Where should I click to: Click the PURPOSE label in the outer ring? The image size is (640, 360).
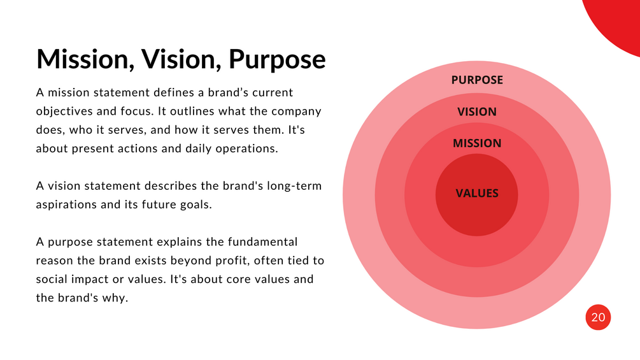tap(477, 80)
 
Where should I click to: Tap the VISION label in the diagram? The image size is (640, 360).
tap(477, 112)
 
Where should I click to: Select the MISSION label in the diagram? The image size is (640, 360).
tap(477, 144)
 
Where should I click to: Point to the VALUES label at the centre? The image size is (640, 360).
tap(477, 194)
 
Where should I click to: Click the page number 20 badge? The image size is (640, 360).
tap(598, 317)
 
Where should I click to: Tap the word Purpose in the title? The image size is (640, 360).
tap(277, 59)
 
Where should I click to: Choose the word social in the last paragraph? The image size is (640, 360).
tap(52, 280)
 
